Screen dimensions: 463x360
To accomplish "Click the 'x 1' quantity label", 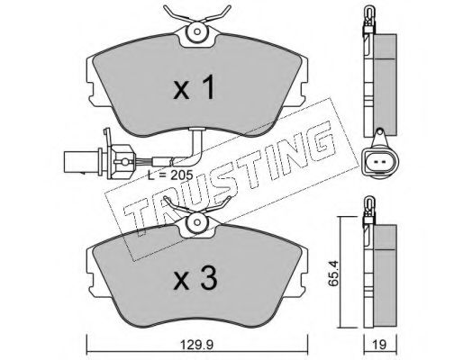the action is [x=195, y=87].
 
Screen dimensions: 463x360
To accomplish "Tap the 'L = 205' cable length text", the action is [x=170, y=175].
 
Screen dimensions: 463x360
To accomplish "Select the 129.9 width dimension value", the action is [x=197, y=345].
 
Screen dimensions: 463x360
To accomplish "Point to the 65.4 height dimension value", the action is [x=333, y=273].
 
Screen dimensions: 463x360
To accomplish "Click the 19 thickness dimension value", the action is [x=380, y=345].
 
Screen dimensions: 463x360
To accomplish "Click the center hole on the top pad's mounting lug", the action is [x=197, y=31].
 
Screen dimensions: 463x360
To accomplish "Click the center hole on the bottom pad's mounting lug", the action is [x=197, y=222].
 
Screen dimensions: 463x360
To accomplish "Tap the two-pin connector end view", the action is [x=380, y=162].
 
